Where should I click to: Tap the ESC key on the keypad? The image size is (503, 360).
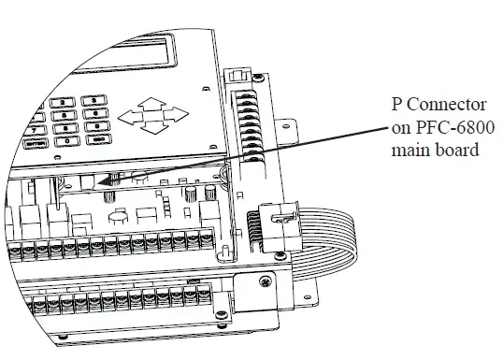tap(97, 140)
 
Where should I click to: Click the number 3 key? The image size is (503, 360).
tap(95, 100)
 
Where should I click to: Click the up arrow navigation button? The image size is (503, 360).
tap(153, 105)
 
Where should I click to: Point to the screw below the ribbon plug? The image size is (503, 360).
tap(267, 280)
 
